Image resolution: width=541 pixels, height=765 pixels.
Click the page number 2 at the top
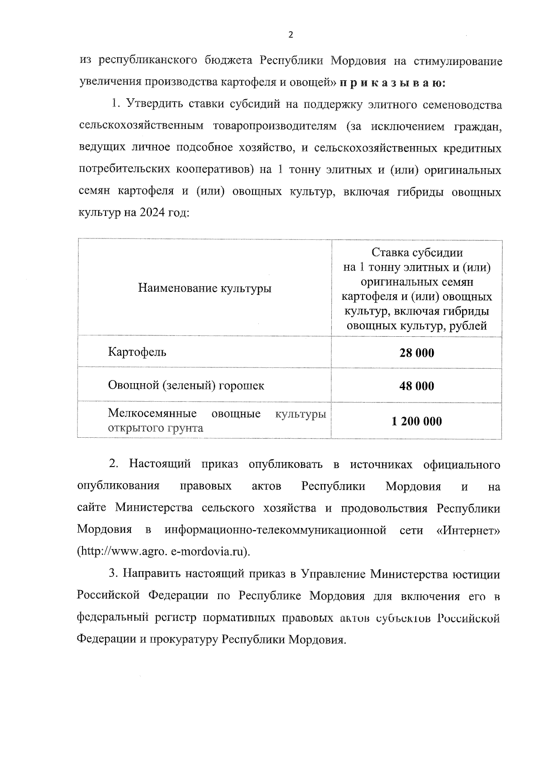290,35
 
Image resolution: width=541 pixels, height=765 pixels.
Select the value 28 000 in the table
417,353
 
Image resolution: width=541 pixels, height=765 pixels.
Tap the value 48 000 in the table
417,386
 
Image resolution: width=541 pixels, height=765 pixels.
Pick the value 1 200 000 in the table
417,421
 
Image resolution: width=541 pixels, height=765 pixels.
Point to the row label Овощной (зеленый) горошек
186,385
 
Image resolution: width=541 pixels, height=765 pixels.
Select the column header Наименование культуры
204,288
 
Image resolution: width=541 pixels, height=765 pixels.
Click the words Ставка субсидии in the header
417,252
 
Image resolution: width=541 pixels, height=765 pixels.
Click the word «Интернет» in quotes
468,530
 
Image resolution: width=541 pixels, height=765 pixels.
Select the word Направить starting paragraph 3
151,574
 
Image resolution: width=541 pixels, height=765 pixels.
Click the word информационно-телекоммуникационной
275,530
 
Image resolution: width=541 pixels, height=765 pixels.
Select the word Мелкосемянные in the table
152,413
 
